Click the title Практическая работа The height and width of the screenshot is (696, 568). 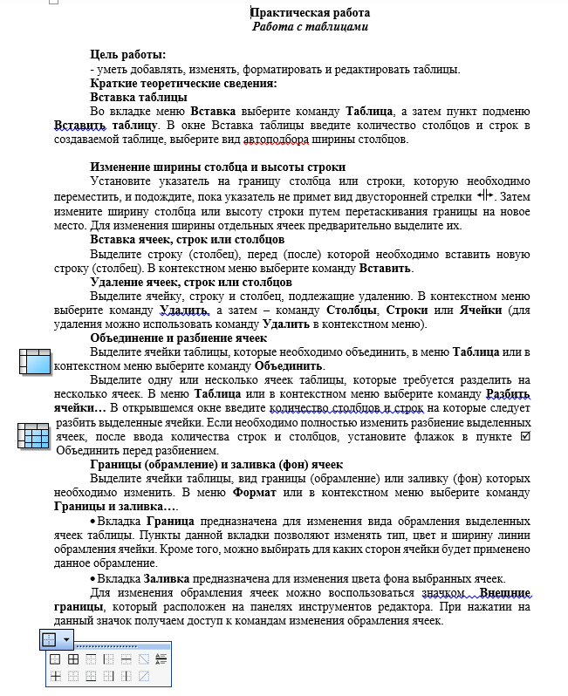pyautogui.click(x=310, y=12)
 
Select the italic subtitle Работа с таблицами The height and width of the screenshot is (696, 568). pyautogui.click(x=310, y=26)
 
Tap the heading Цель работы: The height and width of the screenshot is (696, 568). pyautogui.click(x=127, y=56)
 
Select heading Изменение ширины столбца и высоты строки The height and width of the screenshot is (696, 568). pyautogui.click(x=218, y=167)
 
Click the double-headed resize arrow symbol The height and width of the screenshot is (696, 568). pyautogui.click(x=487, y=195)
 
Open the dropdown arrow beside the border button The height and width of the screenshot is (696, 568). pyautogui.click(x=67, y=638)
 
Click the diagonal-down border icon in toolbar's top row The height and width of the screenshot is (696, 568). pyautogui.click(x=144, y=658)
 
